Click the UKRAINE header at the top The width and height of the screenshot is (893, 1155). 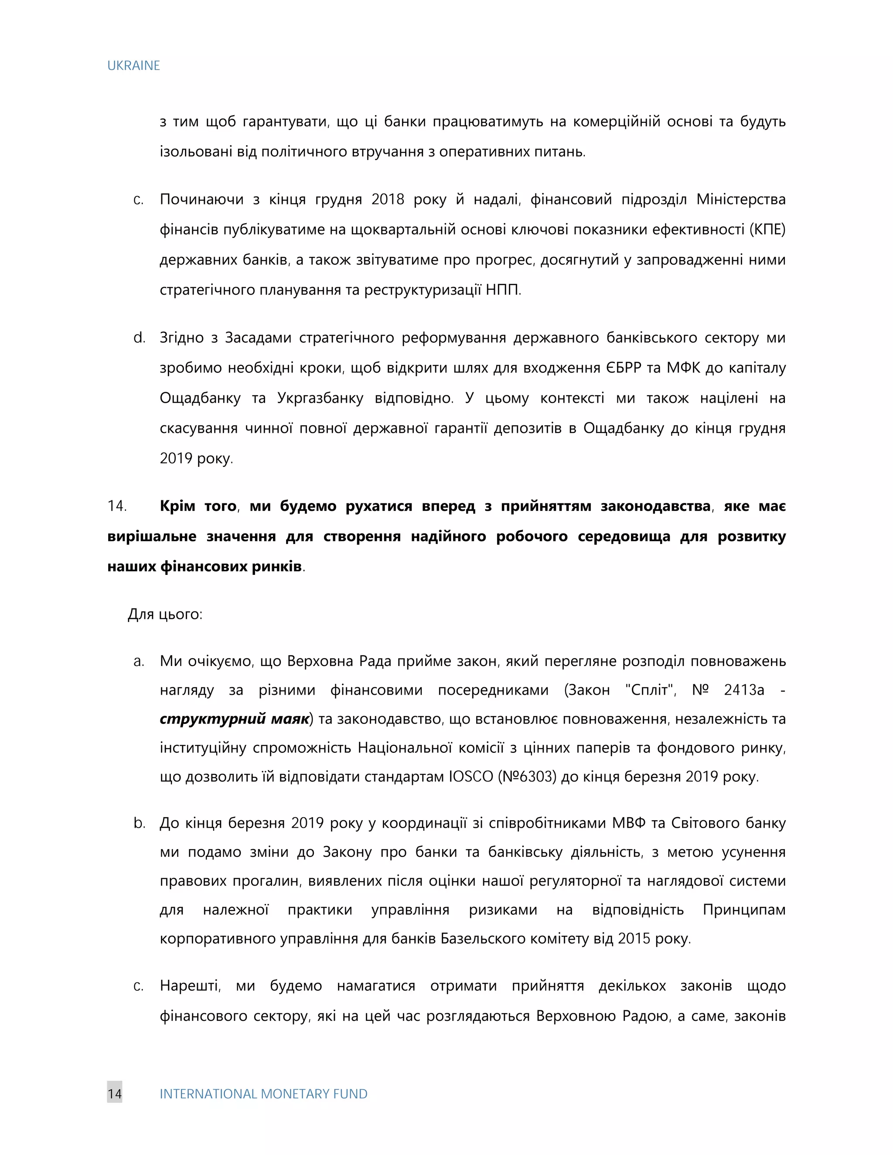click(x=133, y=65)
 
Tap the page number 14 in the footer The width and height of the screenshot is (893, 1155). click(x=114, y=1094)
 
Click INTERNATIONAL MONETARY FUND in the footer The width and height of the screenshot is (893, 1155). click(x=263, y=1094)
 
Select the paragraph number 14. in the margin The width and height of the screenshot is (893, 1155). click(x=117, y=506)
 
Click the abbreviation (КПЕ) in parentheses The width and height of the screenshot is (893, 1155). click(x=766, y=230)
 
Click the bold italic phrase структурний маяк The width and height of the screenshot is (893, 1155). click(x=234, y=719)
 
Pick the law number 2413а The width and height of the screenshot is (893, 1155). click(x=744, y=690)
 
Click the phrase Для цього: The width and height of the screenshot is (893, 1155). click(x=165, y=614)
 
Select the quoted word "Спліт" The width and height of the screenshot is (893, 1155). click(x=650, y=690)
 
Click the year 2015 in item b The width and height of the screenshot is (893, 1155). click(x=634, y=939)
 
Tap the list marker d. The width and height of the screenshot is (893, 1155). click(x=139, y=337)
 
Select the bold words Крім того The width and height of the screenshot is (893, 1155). click(x=198, y=506)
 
